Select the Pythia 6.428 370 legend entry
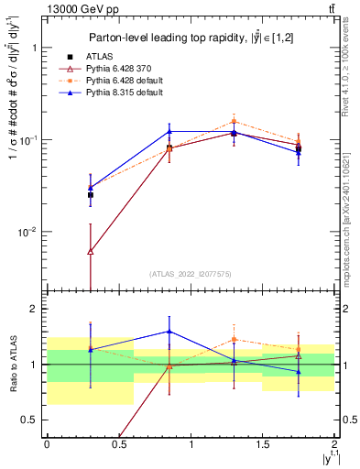(115, 69)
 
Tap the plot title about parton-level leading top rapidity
(191, 38)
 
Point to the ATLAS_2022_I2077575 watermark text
(191, 274)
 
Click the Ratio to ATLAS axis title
(13, 364)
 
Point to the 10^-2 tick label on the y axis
(27, 233)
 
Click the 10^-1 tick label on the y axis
(27, 140)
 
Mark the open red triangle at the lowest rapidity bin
(90, 251)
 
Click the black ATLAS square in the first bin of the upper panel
(90, 195)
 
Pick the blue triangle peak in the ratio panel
(169, 332)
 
